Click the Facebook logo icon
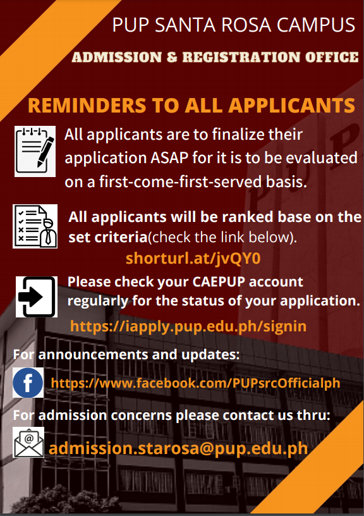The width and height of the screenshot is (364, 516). (28, 383)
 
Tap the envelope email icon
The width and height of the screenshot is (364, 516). (28, 442)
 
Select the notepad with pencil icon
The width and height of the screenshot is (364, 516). (35, 151)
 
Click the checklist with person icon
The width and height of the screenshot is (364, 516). (35, 226)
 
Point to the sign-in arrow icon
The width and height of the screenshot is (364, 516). (37, 297)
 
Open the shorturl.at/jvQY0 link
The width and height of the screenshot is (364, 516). (193, 259)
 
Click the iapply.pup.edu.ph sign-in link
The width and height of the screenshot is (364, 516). (188, 326)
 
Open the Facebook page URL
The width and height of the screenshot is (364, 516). (195, 383)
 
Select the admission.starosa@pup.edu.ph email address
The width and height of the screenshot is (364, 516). (178, 448)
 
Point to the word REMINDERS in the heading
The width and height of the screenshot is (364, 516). (87, 106)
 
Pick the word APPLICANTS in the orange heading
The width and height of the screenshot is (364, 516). (292, 106)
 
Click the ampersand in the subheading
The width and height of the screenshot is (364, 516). (172, 57)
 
